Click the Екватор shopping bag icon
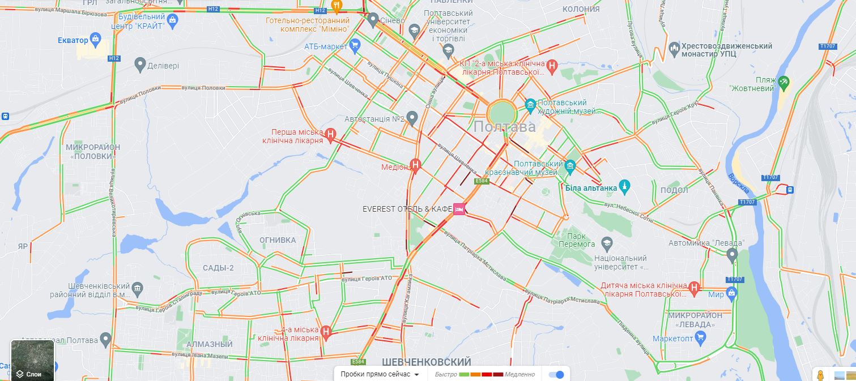[x=96, y=39]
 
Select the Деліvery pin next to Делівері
[x=140, y=65]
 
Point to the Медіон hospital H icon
[x=416, y=165]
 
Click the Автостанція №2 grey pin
[x=412, y=118]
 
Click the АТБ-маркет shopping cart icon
[x=355, y=45]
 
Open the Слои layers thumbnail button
[x=33, y=360]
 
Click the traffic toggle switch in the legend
[x=556, y=374]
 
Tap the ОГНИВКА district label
[x=278, y=240]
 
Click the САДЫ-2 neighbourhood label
[x=218, y=268]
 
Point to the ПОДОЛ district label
[x=674, y=190]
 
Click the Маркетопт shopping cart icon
[x=700, y=338]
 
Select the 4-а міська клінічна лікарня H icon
[x=326, y=331]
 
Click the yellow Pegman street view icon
[x=819, y=375]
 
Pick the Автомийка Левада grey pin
[x=732, y=255]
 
